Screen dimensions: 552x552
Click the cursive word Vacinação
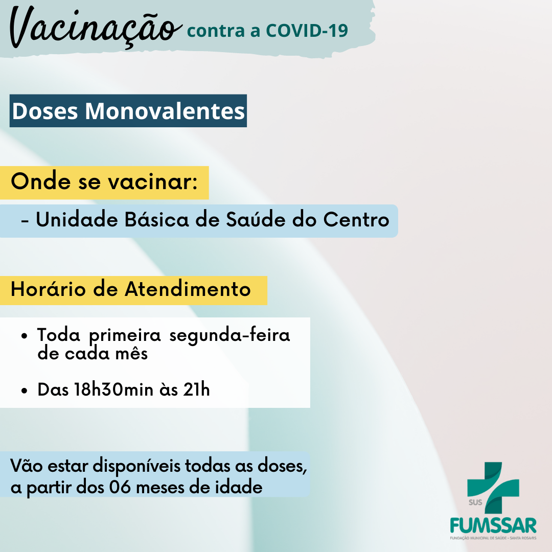tap(95, 28)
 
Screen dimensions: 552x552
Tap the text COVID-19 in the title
tap(307, 31)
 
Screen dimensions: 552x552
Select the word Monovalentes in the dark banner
tap(165, 111)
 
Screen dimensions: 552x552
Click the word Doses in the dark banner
tap(44, 111)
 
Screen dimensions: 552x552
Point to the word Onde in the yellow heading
tap(41, 181)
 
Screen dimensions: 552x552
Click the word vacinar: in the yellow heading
tap(152, 182)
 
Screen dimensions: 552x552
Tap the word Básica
tap(157, 220)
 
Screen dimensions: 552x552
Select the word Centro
tap(356, 220)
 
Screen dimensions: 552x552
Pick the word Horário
tap(48, 289)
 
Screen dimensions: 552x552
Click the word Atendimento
tap(188, 289)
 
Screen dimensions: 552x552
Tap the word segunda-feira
tap(229, 335)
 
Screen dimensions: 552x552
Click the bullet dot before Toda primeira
tap(24, 336)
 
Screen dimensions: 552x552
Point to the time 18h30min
tap(113, 389)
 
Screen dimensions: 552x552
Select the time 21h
tap(196, 389)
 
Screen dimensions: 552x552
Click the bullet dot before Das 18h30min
tap(24, 390)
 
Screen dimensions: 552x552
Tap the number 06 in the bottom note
tap(120, 488)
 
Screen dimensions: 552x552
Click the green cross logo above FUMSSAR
tap(493, 488)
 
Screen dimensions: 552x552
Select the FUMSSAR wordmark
tap(493, 526)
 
